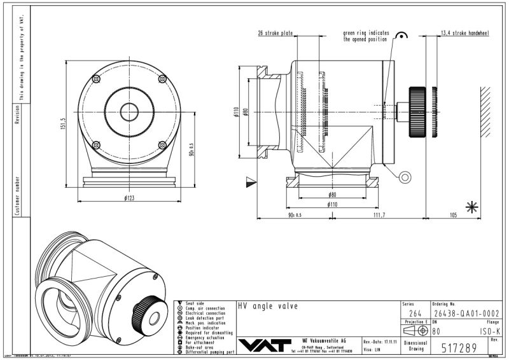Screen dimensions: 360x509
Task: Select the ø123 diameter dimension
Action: (x=130, y=199)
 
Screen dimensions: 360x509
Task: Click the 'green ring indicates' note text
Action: (x=366, y=32)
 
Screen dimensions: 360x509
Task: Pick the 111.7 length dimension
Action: (x=379, y=216)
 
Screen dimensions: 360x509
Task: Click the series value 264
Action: (x=415, y=313)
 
